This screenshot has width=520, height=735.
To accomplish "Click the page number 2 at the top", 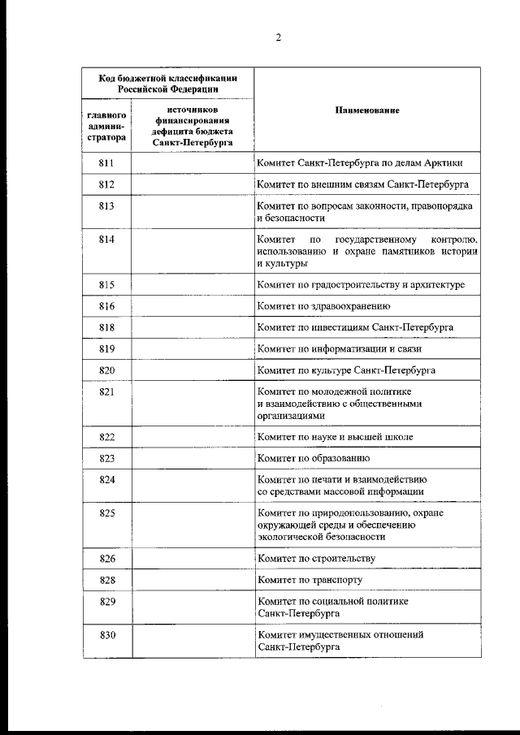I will click(278, 37).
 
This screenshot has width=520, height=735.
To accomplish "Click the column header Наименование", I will click(366, 110).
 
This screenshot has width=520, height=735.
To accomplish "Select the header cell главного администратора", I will click(106, 126).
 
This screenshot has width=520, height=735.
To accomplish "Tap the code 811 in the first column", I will click(106, 163).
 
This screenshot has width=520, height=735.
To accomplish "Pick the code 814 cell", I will click(106, 240).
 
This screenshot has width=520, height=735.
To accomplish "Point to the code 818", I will click(106, 327).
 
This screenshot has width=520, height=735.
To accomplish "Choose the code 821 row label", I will click(106, 391).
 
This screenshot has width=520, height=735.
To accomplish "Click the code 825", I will click(106, 512).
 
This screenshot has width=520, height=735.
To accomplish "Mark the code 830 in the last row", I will click(106, 634).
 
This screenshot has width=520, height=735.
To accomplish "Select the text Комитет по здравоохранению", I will click(324, 306).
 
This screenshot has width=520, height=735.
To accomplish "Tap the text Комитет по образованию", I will click(314, 458).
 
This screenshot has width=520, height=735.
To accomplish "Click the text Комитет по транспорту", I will click(310, 580).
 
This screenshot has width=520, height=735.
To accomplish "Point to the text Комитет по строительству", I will click(316, 558).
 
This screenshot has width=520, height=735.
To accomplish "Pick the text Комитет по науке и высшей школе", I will click(335, 436).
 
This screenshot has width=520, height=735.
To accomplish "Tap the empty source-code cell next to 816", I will click(193, 306).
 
